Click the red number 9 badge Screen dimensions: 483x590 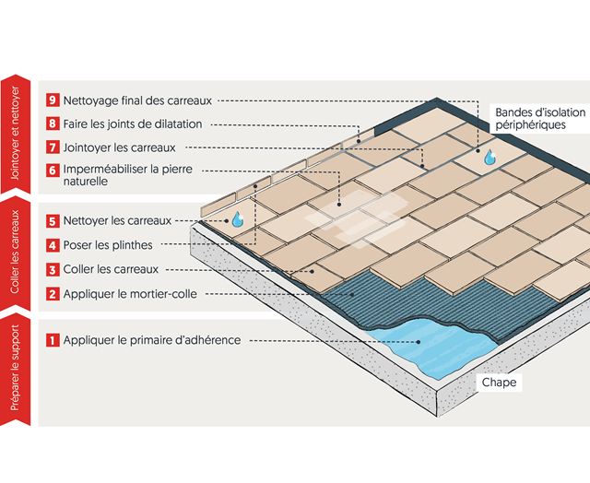(x=53, y=100)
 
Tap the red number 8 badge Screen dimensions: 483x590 (x=53, y=124)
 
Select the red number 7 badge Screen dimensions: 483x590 (x=53, y=147)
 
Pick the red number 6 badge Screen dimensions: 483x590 (x=53, y=171)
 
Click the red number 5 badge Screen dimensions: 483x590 (x=53, y=221)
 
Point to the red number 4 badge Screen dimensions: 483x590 (x=53, y=245)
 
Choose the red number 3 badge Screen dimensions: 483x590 (x=53, y=269)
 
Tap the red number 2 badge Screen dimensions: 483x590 (x=53, y=294)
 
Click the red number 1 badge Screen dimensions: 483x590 (x=53, y=340)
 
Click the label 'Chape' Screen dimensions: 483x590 (x=499, y=381)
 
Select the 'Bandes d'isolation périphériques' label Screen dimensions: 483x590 (x=539, y=118)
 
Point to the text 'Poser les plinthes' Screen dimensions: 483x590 (x=110, y=245)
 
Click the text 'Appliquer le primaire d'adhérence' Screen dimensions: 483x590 (x=152, y=340)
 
